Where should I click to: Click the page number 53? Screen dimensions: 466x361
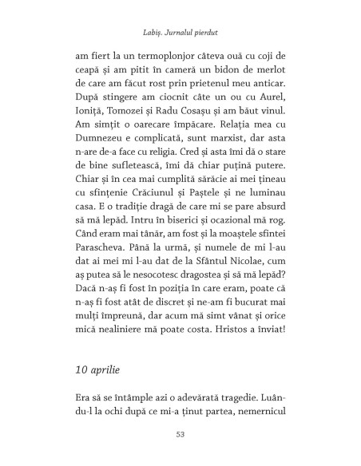tap(180, 436)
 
